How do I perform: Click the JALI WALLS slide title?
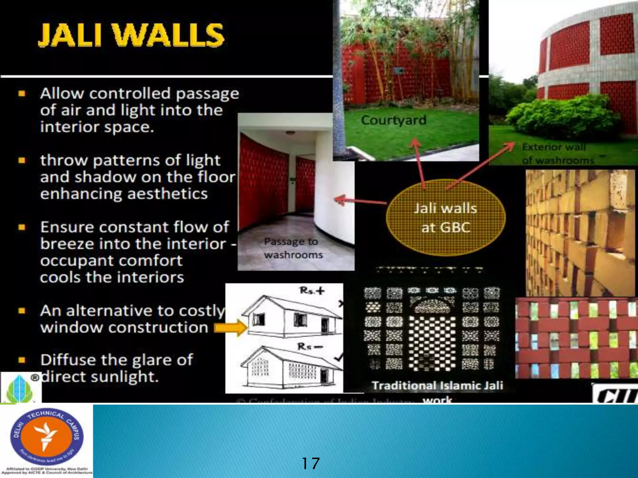(x=131, y=35)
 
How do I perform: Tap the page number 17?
(x=311, y=463)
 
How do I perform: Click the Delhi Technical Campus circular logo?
(x=47, y=437)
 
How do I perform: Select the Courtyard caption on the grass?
(x=393, y=120)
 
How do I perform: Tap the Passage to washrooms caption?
(x=293, y=248)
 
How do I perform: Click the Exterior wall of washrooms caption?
(x=558, y=153)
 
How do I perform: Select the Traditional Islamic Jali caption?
(x=437, y=386)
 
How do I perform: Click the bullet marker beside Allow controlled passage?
(x=21, y=93)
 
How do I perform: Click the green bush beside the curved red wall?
(x=561, y=117)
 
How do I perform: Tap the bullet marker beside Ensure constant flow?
(x=21, y=227)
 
